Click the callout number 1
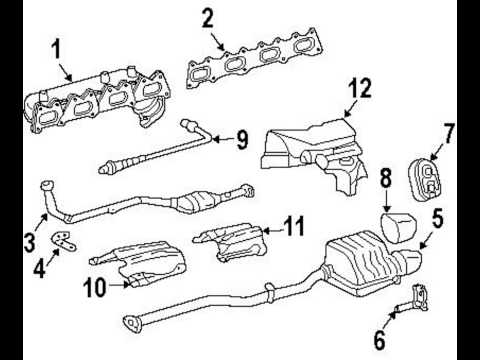(56, 47)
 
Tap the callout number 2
(208, 17)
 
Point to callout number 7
(449, 132)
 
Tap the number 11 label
(292, 227)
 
